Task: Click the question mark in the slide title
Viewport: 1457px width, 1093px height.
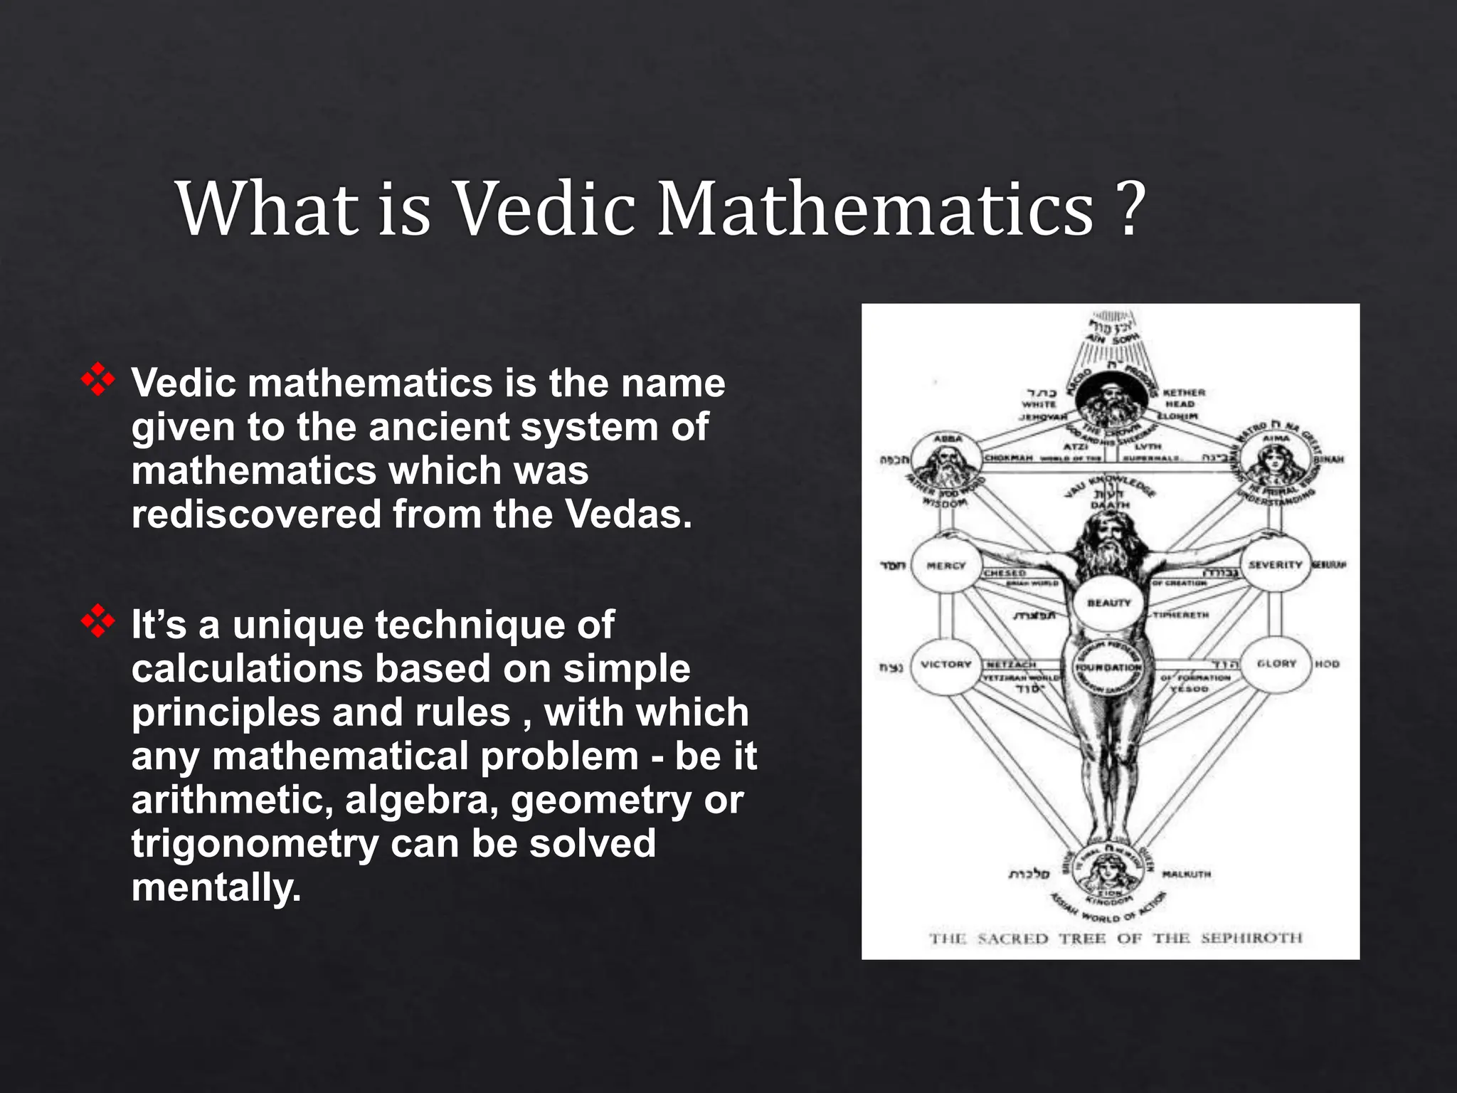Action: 1127,208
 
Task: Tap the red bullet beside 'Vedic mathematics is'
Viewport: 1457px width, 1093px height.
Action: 98,381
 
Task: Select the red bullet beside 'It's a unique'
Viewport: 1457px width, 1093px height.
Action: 98,622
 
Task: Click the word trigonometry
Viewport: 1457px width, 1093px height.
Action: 255,843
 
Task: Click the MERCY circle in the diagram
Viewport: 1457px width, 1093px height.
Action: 945,566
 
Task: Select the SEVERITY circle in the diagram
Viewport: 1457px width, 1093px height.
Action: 1275,565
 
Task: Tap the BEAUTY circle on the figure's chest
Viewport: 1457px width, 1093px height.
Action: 1108,603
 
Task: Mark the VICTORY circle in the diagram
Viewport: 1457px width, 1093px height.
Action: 945,665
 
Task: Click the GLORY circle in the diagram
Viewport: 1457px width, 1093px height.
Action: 1276,664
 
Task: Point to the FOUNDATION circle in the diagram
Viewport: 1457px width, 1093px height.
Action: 1108,667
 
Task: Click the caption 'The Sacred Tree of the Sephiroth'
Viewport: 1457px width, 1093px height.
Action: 1115,938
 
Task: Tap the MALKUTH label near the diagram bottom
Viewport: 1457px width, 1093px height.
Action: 1186,874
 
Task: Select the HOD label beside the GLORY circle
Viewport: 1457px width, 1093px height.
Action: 1327,664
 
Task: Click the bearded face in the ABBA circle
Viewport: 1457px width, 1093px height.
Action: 948,463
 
